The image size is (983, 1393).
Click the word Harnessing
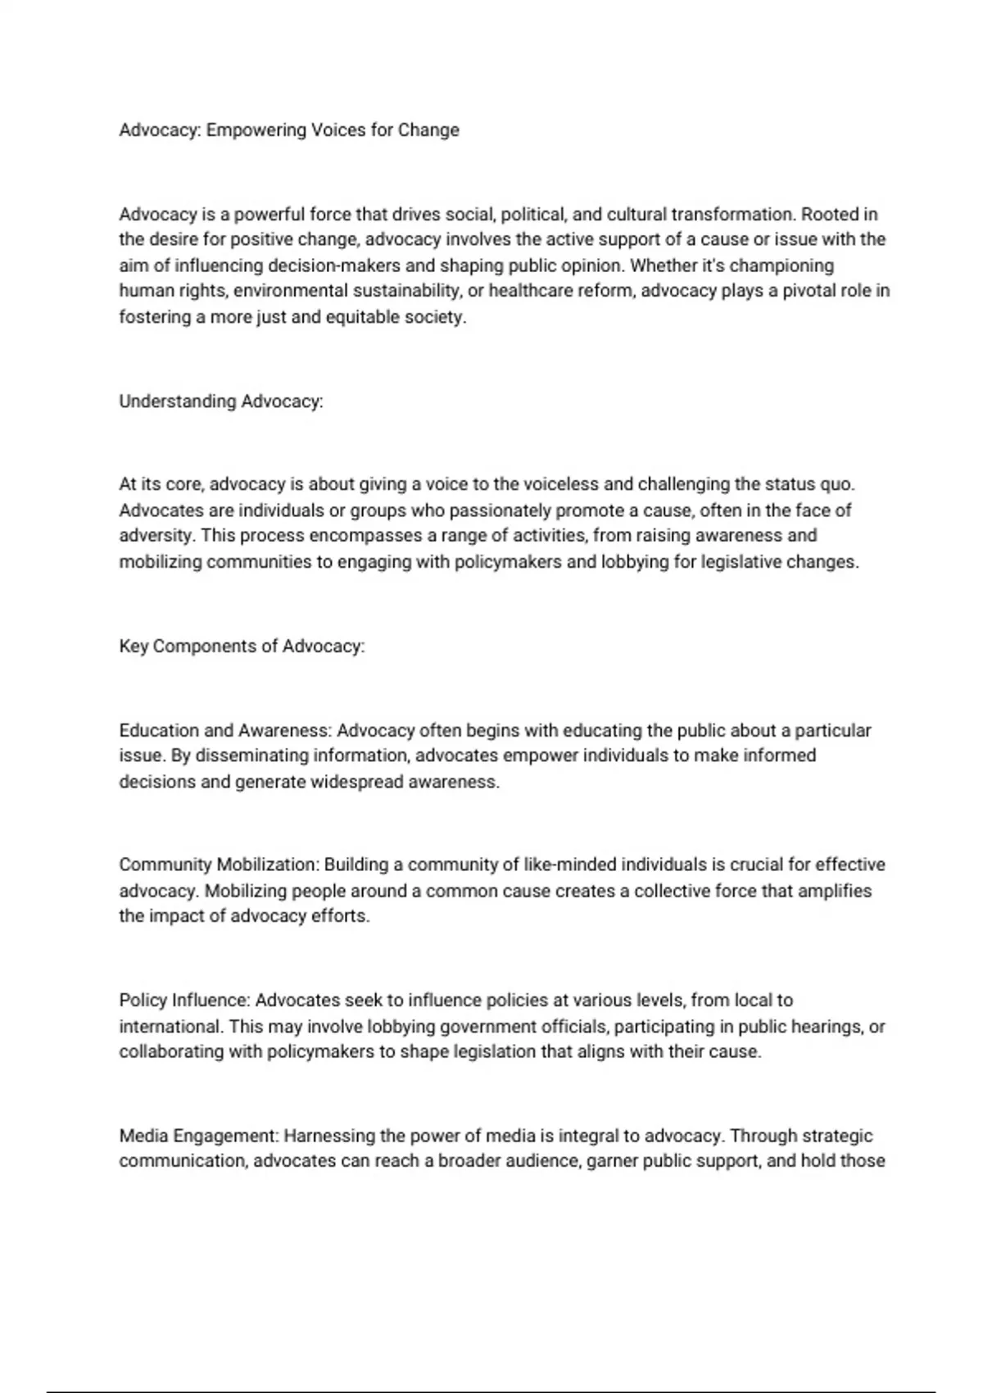click(x=326, y=1136)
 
